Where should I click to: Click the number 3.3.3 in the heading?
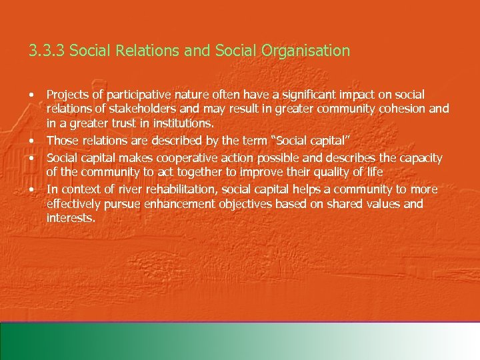point(47,51)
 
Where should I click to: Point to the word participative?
point(139,95)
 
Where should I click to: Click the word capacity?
point(418,158)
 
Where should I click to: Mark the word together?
point(185,172)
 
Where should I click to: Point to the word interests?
point(71,218)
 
